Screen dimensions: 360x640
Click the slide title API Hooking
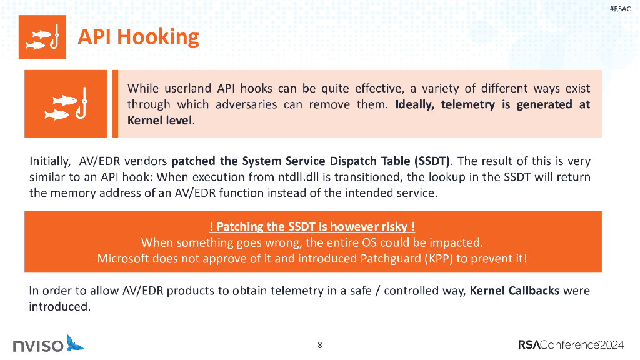click(138, 37)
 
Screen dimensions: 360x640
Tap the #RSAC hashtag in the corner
click(621, 8)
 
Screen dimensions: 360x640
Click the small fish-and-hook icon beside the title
click(42, 37)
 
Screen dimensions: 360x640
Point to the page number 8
click(320, 345)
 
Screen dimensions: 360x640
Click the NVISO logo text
click(37, 345)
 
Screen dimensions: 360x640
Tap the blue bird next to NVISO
click(75, 342)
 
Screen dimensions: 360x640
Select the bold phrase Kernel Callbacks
click(514, 291)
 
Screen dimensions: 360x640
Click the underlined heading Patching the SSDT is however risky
click(312, 227)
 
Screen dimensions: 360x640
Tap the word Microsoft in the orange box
click(125, 258)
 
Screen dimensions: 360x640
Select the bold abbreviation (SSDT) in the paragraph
click(428, 161)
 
